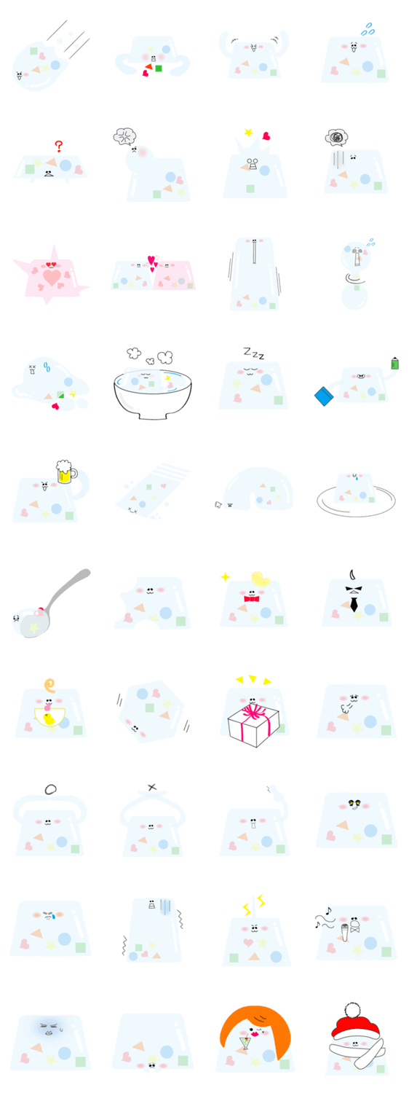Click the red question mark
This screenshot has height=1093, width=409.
point(59,146)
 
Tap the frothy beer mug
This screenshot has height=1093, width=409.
point(65,471)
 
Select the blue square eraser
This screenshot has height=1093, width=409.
point(323,396)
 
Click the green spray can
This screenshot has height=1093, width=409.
point(395,364)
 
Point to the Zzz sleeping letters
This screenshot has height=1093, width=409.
point(253,353)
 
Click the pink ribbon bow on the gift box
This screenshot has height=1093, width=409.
point(253,714)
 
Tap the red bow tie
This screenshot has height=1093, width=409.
point(251,599)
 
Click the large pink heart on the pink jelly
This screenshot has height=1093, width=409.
point(52,278)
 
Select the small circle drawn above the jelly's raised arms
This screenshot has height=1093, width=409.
point(50,789)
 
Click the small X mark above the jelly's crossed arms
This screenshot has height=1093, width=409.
point(152,787)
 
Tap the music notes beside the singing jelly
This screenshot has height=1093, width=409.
point(324,918)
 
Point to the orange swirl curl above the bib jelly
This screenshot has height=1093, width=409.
point(49,686)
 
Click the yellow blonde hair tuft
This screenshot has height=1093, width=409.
point(261,579)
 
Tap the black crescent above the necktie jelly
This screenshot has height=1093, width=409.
point(352,574)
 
